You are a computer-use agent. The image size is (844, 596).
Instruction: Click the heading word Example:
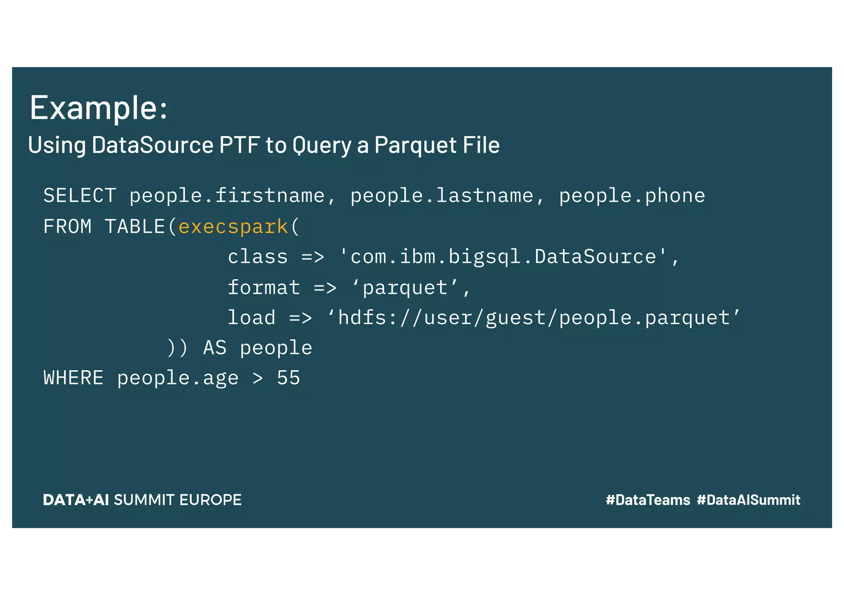pyautogui.click(x=98, y=108)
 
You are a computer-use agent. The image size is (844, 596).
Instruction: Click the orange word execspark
pyautogui.click(x=233, y=227)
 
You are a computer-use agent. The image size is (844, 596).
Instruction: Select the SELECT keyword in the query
pyautogui.click(x=80, y=196)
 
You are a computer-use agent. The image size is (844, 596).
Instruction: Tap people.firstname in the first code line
pyautogui.click(x=227, y=196)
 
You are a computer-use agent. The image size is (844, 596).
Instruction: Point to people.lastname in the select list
pyautogui.click(x=442, y=196)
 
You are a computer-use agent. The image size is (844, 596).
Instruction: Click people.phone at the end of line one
pyautogui.click(x=632, y=196)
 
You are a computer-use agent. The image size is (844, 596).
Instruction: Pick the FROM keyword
pyautogui.click(x=68, y=227)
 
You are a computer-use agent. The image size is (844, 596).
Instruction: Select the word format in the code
pyautogui.click(x=264, y=287)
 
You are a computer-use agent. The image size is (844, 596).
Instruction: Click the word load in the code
pyautogui.click(x=251, y=318)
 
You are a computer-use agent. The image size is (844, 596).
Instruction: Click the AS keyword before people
pyautogui.click(x=215, y=348)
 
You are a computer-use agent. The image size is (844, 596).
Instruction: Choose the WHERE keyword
pyautogui.click(x=73, y=378)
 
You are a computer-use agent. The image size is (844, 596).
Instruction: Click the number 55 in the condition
pyautogui.click(x=288, y=378)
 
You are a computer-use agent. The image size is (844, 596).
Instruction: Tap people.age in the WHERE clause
pyautogui.click(x=178, y=378)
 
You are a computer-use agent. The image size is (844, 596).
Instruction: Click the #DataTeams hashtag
pyautogui.click(x=648, y=500)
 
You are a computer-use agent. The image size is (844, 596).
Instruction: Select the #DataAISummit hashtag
pyautogui.click(x=748, y=500)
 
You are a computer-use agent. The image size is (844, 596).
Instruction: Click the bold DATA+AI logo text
pyautogui.click(x=76, y=500)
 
